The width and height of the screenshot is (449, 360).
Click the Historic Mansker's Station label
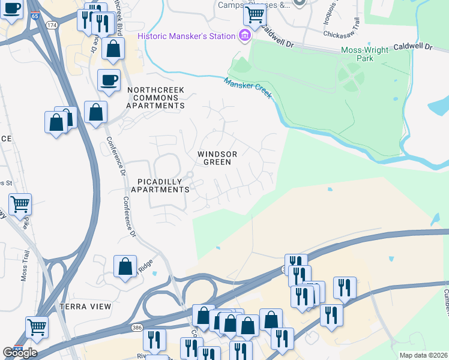click(186, 36)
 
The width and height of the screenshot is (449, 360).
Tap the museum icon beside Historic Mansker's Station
click(244, 36)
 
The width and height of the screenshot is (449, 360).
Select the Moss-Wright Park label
click(365, 54)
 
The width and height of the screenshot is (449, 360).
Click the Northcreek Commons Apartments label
click(155, 98)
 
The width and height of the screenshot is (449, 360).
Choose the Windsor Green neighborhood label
click(217, 158)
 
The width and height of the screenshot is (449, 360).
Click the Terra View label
click(85, 307)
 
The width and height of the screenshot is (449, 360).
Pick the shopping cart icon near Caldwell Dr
click(255, 15)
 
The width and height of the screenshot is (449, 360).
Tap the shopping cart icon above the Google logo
click(36, 327)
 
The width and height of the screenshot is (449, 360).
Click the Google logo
click(20, 353)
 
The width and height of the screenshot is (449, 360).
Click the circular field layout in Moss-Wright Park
click(350, 77)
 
